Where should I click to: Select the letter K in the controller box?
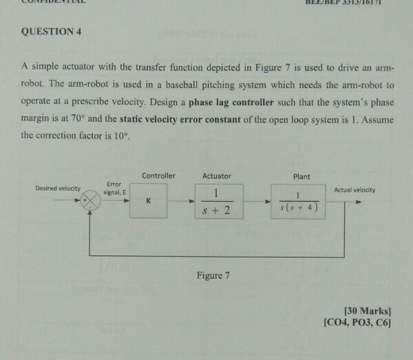[x=147, y=200]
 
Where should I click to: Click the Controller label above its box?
[x=158, y=176]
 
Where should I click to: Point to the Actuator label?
[x=217, y=176]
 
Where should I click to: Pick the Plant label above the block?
[x=301, y=176]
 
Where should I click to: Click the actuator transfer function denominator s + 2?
[x=217, y=210]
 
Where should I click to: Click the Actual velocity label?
[x=356, y=189]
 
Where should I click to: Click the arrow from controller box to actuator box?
[x=182, y=202]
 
